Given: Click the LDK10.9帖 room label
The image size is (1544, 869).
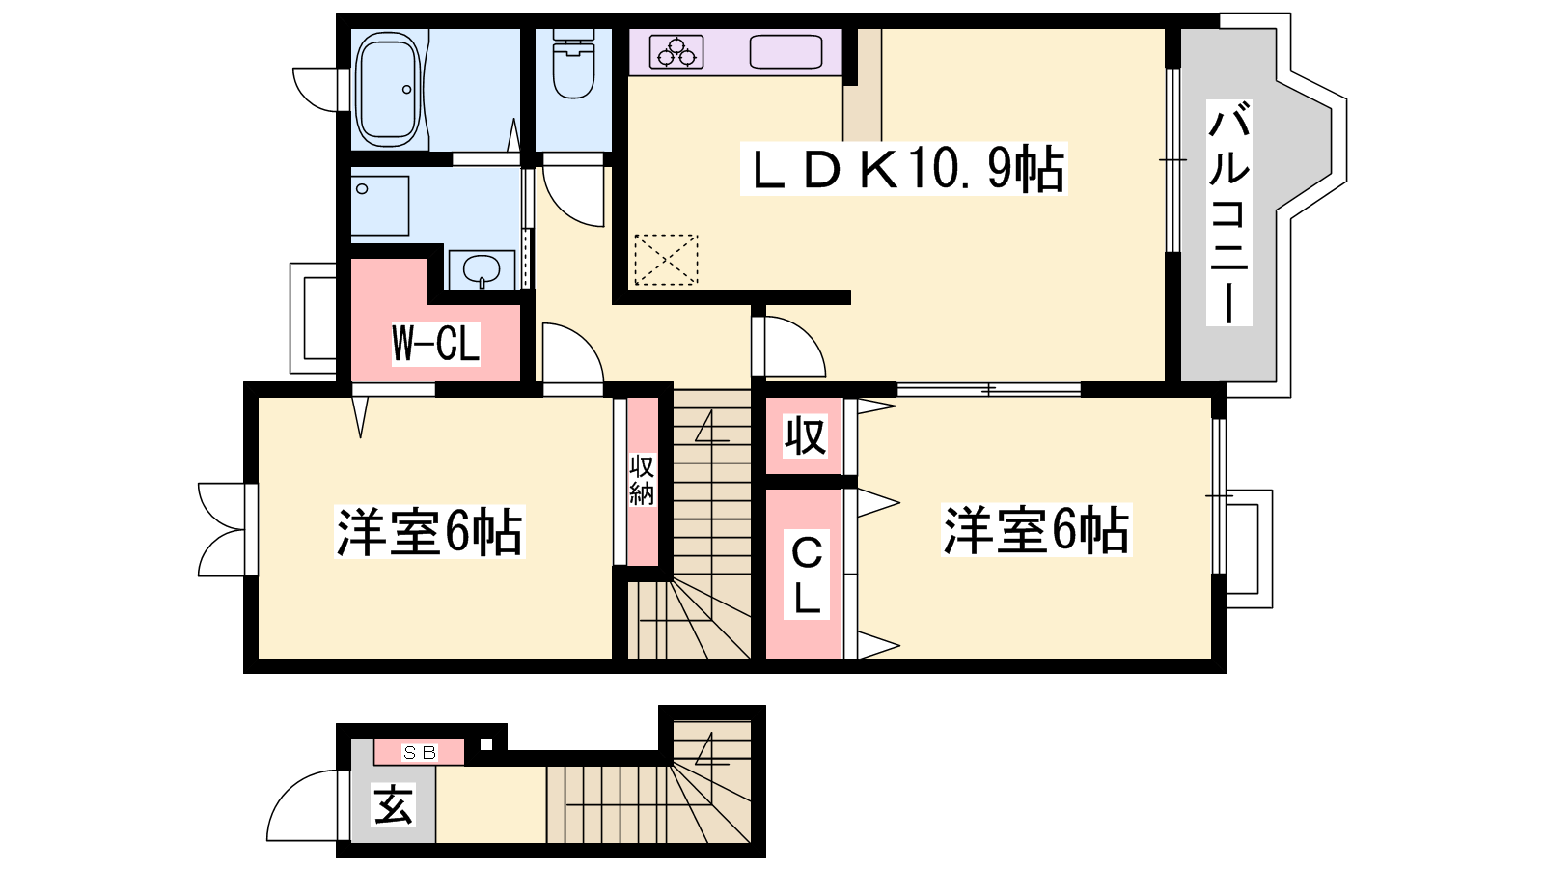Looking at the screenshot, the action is click(x=903, y=169).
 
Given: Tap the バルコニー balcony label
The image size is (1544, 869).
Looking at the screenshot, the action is click(x=1229, y=212).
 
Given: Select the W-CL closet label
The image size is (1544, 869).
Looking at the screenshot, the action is click(x=435, y=343).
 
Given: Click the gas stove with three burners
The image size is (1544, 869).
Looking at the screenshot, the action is click(x=676, y=52).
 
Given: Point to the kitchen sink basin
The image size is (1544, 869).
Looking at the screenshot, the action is click(x=786, y=52).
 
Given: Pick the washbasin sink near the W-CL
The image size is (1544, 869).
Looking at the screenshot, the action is click(x=482, y=269).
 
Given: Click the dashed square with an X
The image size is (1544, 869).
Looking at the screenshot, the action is click(x=666, y=260).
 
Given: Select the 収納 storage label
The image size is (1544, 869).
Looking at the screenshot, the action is click(x=642, y=480).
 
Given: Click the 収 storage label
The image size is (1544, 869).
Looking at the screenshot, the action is click(x=805, y=435).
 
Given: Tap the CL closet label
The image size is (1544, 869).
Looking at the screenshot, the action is click(x=806, y=575).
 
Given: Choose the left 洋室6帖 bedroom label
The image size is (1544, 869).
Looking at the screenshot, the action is click(x=428, y=532).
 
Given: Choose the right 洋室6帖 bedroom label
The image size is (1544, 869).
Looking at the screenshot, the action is click(x=1036, y=530).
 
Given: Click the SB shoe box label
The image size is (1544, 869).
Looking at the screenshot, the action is click(x=419, y=753).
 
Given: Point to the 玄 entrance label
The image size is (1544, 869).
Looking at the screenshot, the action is click(x=393, y=805).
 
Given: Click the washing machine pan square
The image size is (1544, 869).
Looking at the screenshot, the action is click(x=380, y=207).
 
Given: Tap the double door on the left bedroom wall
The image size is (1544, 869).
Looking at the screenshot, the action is click(x=221, y=530).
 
